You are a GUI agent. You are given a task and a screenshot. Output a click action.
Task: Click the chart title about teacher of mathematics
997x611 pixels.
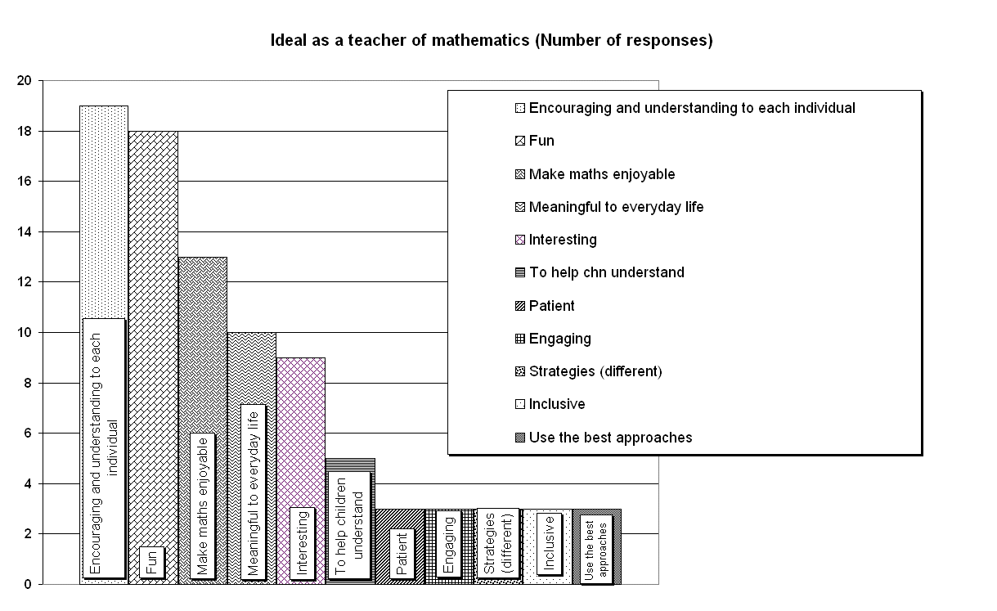click(492, 41)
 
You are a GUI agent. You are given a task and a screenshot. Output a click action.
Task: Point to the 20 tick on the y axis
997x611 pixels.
click(25, 80)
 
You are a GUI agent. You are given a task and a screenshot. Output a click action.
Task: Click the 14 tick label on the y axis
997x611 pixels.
click(25, 231)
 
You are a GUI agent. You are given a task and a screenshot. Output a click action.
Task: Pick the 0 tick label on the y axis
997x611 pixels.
click(28, 584)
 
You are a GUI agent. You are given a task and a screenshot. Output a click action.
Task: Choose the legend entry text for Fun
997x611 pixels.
click(541, 141)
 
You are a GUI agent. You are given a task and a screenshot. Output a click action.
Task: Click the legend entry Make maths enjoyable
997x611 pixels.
click(602, 174)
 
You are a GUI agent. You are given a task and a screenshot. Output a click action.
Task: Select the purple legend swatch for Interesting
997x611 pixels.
click(520, 240)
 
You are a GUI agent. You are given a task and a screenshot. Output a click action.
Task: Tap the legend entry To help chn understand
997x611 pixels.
click(607, 272)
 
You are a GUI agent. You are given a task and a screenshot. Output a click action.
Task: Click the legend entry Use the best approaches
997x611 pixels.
click(611, 438)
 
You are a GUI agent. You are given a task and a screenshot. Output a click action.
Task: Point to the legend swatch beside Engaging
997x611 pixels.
click(520, 339)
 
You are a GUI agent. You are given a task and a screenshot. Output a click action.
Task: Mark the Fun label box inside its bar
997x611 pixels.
click(152, 563)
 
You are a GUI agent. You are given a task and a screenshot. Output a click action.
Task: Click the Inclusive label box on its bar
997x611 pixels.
click(550, 543)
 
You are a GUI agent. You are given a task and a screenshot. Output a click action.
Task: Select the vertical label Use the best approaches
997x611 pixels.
click(596, 549)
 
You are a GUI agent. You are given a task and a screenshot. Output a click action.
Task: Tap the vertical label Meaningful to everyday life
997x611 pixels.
click(254, 492)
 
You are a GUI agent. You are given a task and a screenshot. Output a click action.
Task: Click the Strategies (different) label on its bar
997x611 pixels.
click(498, 543)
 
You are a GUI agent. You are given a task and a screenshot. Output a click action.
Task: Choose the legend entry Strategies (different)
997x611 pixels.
click(595, 371)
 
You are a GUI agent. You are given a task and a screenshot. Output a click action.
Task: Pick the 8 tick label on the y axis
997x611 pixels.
click(28, 383)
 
